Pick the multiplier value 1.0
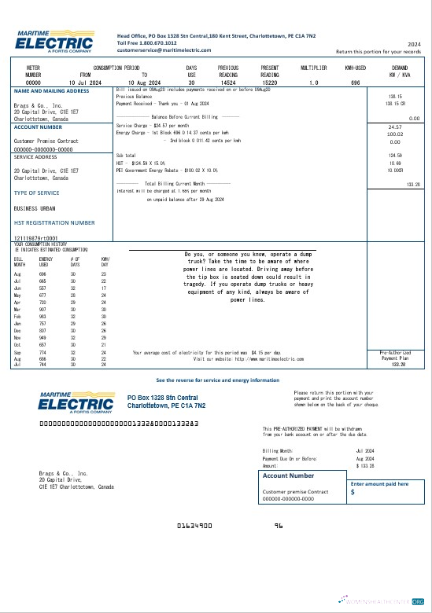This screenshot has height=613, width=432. point(314,82)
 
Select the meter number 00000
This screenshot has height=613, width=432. point(33,82)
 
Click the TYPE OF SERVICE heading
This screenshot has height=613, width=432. point(36,193)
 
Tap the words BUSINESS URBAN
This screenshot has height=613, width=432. point(37,208)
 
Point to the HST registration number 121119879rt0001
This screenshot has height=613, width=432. point(36,237)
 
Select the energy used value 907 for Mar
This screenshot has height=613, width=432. point(44,310)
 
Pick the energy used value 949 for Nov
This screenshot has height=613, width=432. point(44,336)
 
